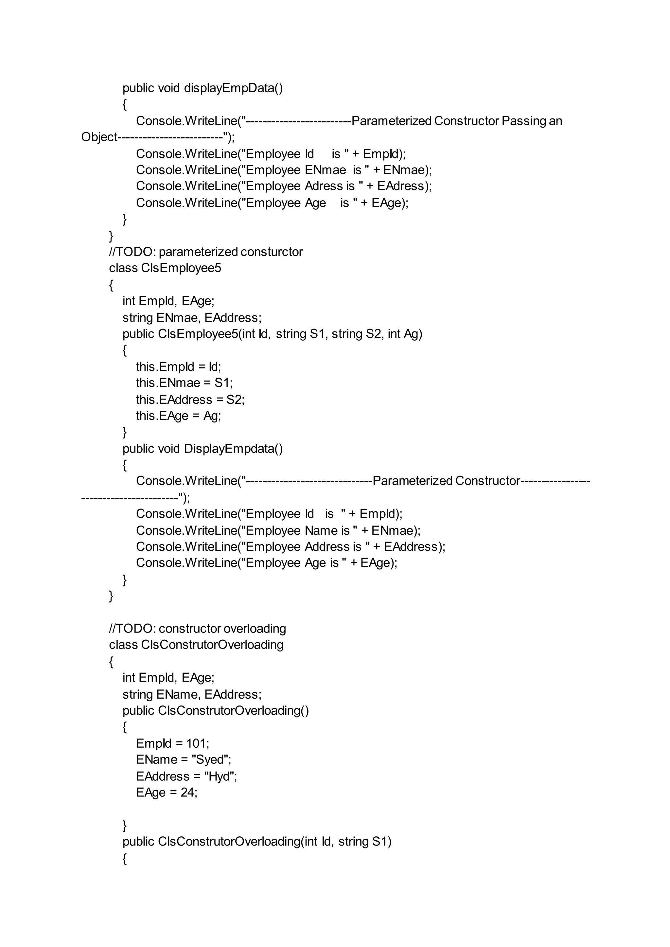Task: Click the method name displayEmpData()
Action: click(233, 88)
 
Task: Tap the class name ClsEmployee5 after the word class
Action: click(181, 268)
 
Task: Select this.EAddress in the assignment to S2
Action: click(174, 400)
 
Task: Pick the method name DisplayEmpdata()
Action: click(233, 449)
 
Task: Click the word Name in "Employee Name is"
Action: click(321, 530)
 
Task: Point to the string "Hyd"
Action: click(220, 776)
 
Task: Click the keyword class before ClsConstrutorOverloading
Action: click(123, 645)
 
